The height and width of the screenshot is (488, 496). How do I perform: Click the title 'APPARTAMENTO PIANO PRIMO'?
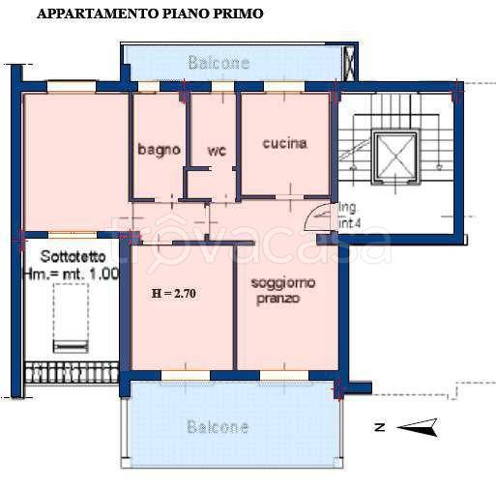click(x=149, y=14)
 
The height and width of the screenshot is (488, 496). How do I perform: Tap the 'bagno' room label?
click(x=159, y=150)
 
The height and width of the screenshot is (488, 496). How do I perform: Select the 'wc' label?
click(x=216, y=151)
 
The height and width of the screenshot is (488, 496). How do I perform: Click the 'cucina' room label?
click(x=284, y=143)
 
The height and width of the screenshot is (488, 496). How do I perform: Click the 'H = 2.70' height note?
click(x=175, y=294)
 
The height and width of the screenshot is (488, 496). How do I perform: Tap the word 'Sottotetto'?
click(x=68, y=256)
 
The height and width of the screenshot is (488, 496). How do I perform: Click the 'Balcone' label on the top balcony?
click(x=219, y=64)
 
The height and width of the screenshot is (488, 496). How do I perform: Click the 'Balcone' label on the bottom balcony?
click(x=218, y=426)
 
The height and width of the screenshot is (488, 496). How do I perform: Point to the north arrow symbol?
click(x=419, y=426)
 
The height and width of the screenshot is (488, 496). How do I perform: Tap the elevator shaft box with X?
click(x=393, y=155)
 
